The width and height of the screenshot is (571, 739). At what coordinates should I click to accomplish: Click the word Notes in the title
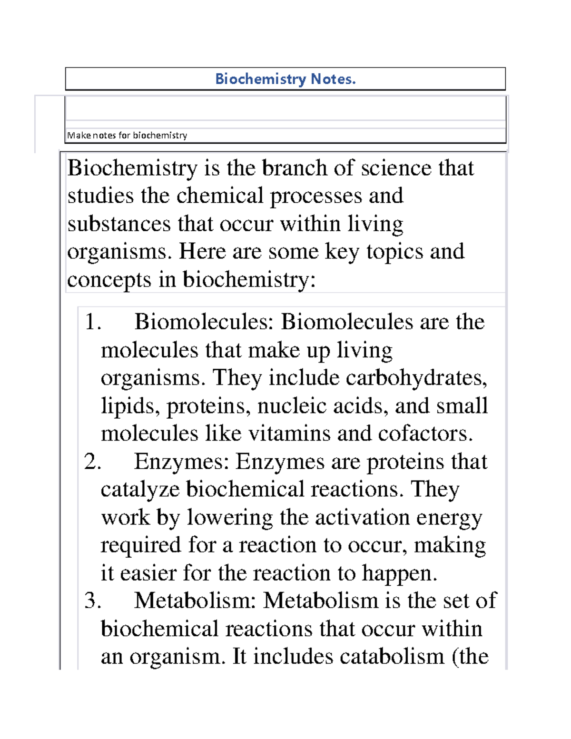click(333, 79)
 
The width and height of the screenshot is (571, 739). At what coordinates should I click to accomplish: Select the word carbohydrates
click(416, 378)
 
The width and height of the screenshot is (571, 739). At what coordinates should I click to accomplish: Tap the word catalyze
click(140, 490)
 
